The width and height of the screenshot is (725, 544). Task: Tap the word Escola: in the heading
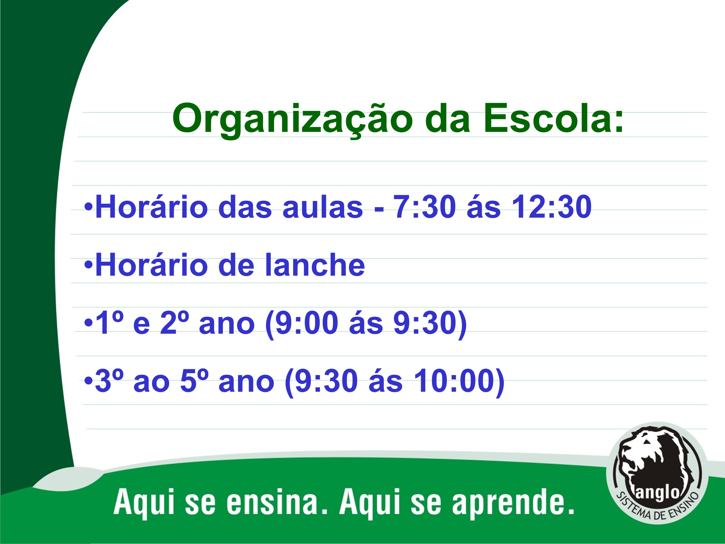click(553, 118)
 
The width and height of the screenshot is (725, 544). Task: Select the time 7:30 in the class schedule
click(424, 206)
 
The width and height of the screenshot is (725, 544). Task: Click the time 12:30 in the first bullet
click(552, 206)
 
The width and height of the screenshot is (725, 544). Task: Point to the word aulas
click(323, 206)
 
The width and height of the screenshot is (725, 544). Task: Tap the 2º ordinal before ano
click(174, 323)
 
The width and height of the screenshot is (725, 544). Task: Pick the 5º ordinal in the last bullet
click(194, 380)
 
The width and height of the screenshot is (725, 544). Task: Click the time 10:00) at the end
click(459, 382)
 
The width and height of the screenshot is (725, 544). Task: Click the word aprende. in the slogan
click(513, 505)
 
